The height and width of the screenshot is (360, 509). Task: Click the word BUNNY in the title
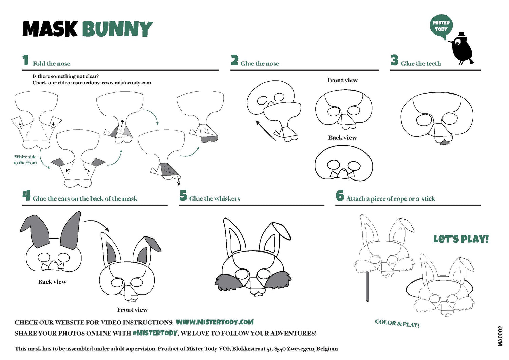click(117, 29)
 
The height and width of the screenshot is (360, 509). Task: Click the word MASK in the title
click(50, 29)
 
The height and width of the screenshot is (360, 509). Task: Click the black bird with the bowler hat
click(462, 49)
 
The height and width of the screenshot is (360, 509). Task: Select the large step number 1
click(25, 60)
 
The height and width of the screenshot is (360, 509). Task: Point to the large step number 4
click(26, 195)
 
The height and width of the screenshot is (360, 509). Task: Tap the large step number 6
click(340, 195)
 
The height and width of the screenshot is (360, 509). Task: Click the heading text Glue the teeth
click(421, 64)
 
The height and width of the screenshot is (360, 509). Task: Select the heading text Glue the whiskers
click(214, 199)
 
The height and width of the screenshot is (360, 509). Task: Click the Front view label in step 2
click(342, 80)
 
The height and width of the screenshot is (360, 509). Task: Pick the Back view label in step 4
click(52, 282)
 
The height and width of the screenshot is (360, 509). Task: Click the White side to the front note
click(25, 160)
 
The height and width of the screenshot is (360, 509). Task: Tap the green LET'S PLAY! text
click(461, 239)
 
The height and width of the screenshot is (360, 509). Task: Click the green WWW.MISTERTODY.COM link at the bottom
click(214, 322)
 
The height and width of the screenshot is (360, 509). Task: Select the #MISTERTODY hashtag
click(155, 333)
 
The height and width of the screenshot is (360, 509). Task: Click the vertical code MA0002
click(501, 336)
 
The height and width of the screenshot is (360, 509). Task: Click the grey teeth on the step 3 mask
click(443, 143)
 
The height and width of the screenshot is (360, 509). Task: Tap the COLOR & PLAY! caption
click(397, 323)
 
